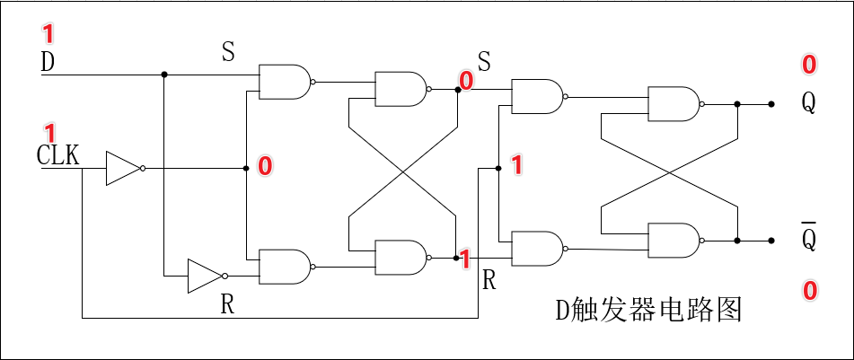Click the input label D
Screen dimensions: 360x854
click(x=48, y=62)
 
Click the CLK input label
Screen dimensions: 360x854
click(x=58, y=155)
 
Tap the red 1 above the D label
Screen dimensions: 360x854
click(x=48, y=35)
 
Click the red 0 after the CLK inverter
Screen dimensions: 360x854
click(x=265, y=165)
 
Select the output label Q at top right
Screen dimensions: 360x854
click(x=809, y=103)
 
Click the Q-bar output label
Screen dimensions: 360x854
click(x=809, y=238)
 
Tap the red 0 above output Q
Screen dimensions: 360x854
click(x=809, y=65)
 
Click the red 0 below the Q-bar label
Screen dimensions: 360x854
click(x=809, y=290)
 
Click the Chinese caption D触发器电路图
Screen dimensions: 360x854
click(x=647, y=310)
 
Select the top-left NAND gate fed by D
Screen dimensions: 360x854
click(x=285, y=81)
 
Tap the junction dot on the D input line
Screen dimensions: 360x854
click(x=164, y=75)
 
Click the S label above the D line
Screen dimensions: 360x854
click(x=228, y=51)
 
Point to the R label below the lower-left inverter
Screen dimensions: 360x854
click(x=228, y=303)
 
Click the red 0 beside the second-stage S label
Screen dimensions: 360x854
click(x=465, y=81)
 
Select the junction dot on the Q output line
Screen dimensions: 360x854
click(x=737, y=104)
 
